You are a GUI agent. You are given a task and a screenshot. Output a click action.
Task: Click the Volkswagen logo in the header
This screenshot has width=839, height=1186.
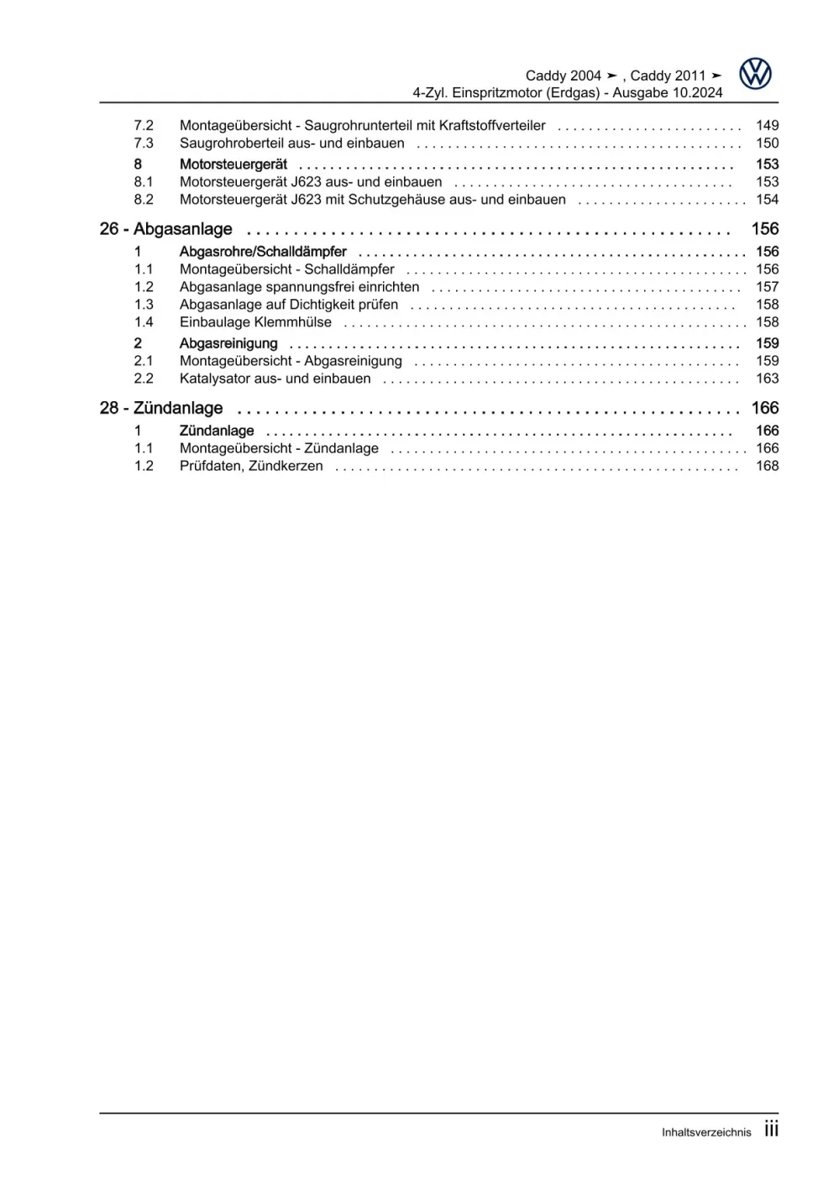point(755,74)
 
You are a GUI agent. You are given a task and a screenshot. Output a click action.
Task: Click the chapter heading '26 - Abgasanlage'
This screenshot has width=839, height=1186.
point(165,229)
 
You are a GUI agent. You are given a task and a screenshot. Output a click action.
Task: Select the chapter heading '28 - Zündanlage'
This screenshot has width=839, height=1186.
point(161,408)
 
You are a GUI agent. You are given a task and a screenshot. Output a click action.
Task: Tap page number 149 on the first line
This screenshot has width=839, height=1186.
point(767,125)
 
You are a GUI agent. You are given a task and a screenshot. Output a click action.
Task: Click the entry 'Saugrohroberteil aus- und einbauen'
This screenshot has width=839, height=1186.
point(291,144)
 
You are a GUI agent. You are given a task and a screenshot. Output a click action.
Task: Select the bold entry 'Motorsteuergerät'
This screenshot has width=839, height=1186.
point(233,165)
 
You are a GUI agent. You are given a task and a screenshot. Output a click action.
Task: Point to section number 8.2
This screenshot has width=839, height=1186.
point(144,200)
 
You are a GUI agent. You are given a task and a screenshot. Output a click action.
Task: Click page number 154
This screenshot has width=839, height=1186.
point(767,200)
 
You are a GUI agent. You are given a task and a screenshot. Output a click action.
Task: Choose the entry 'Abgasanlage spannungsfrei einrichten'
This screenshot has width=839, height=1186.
point(299,287)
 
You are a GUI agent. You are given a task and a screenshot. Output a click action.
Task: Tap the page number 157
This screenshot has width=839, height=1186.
point(767,287)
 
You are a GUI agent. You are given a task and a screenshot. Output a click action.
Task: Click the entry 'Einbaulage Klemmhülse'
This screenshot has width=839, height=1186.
point(255,322)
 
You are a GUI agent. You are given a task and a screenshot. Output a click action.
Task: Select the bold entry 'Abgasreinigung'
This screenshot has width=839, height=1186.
point(228,343)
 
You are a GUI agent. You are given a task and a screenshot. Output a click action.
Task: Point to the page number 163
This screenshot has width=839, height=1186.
point(767,379)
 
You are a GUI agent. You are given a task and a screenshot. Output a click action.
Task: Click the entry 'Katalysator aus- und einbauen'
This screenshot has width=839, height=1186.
point(275,379)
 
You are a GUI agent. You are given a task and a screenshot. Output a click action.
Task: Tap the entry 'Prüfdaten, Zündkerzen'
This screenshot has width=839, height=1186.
point(251,466)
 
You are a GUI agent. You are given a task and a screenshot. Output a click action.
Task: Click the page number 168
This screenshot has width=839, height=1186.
point(767,466)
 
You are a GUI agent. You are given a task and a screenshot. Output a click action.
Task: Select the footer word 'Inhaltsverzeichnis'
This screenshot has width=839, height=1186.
point(706,1132)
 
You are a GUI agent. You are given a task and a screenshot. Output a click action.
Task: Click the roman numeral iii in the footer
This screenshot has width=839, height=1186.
point(771,1130)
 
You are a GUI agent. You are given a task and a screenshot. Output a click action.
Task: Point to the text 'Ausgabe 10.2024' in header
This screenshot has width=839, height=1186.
point(667,93)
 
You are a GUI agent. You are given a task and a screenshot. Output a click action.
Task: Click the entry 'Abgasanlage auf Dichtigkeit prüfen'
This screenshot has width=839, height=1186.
point(289,305)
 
